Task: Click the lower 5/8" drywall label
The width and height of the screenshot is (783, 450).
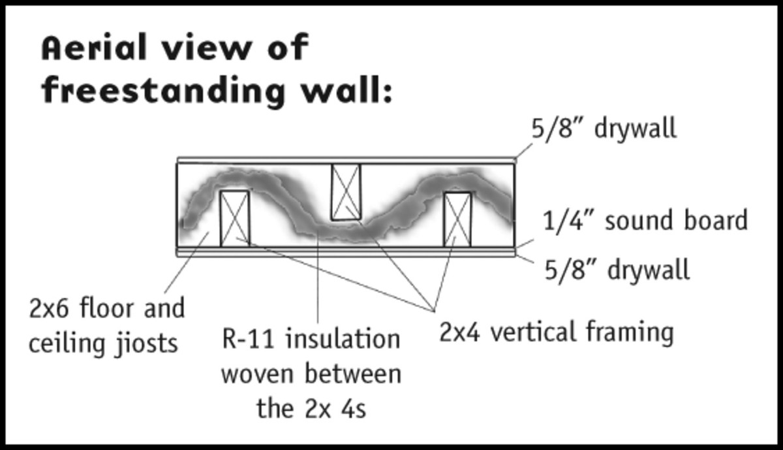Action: coord(617,269)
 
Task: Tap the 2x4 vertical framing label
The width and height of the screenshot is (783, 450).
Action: coord(556,333)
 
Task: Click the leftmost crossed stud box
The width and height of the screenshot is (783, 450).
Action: coord(235,218)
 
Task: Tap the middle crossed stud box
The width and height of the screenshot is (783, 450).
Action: coord(346,192)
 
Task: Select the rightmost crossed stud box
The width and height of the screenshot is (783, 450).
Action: coord(458,219)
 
